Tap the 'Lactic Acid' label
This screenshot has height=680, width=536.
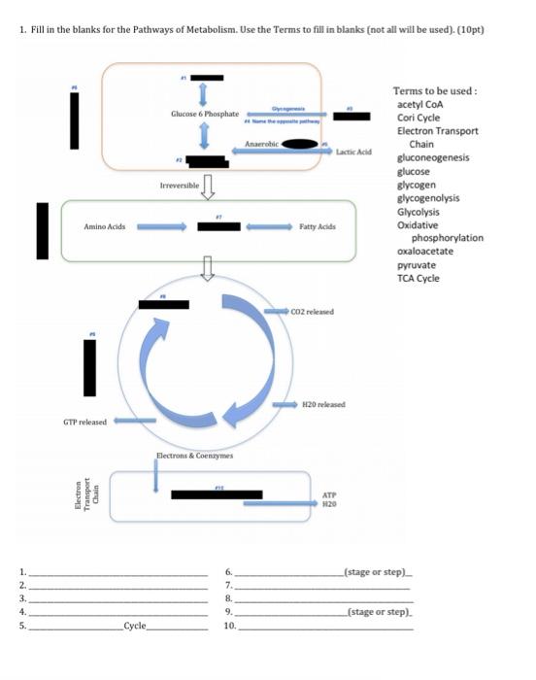pos(353,153)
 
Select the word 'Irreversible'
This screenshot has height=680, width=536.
pos(178,184)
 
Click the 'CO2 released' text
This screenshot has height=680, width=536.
pos(313,312)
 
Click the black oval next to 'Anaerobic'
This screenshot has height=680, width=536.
pos(301,145)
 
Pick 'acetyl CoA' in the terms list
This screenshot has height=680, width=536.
pos(419,104)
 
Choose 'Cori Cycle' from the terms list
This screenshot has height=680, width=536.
pos(419,117)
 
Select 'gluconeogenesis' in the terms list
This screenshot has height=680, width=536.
pos(433,157)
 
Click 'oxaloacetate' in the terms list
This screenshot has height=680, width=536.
pos(424,252)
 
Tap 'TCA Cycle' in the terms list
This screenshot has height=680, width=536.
pos(418,279)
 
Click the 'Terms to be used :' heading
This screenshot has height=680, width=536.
pos(434,90)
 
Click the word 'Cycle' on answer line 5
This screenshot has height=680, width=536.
pos(135,628)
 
